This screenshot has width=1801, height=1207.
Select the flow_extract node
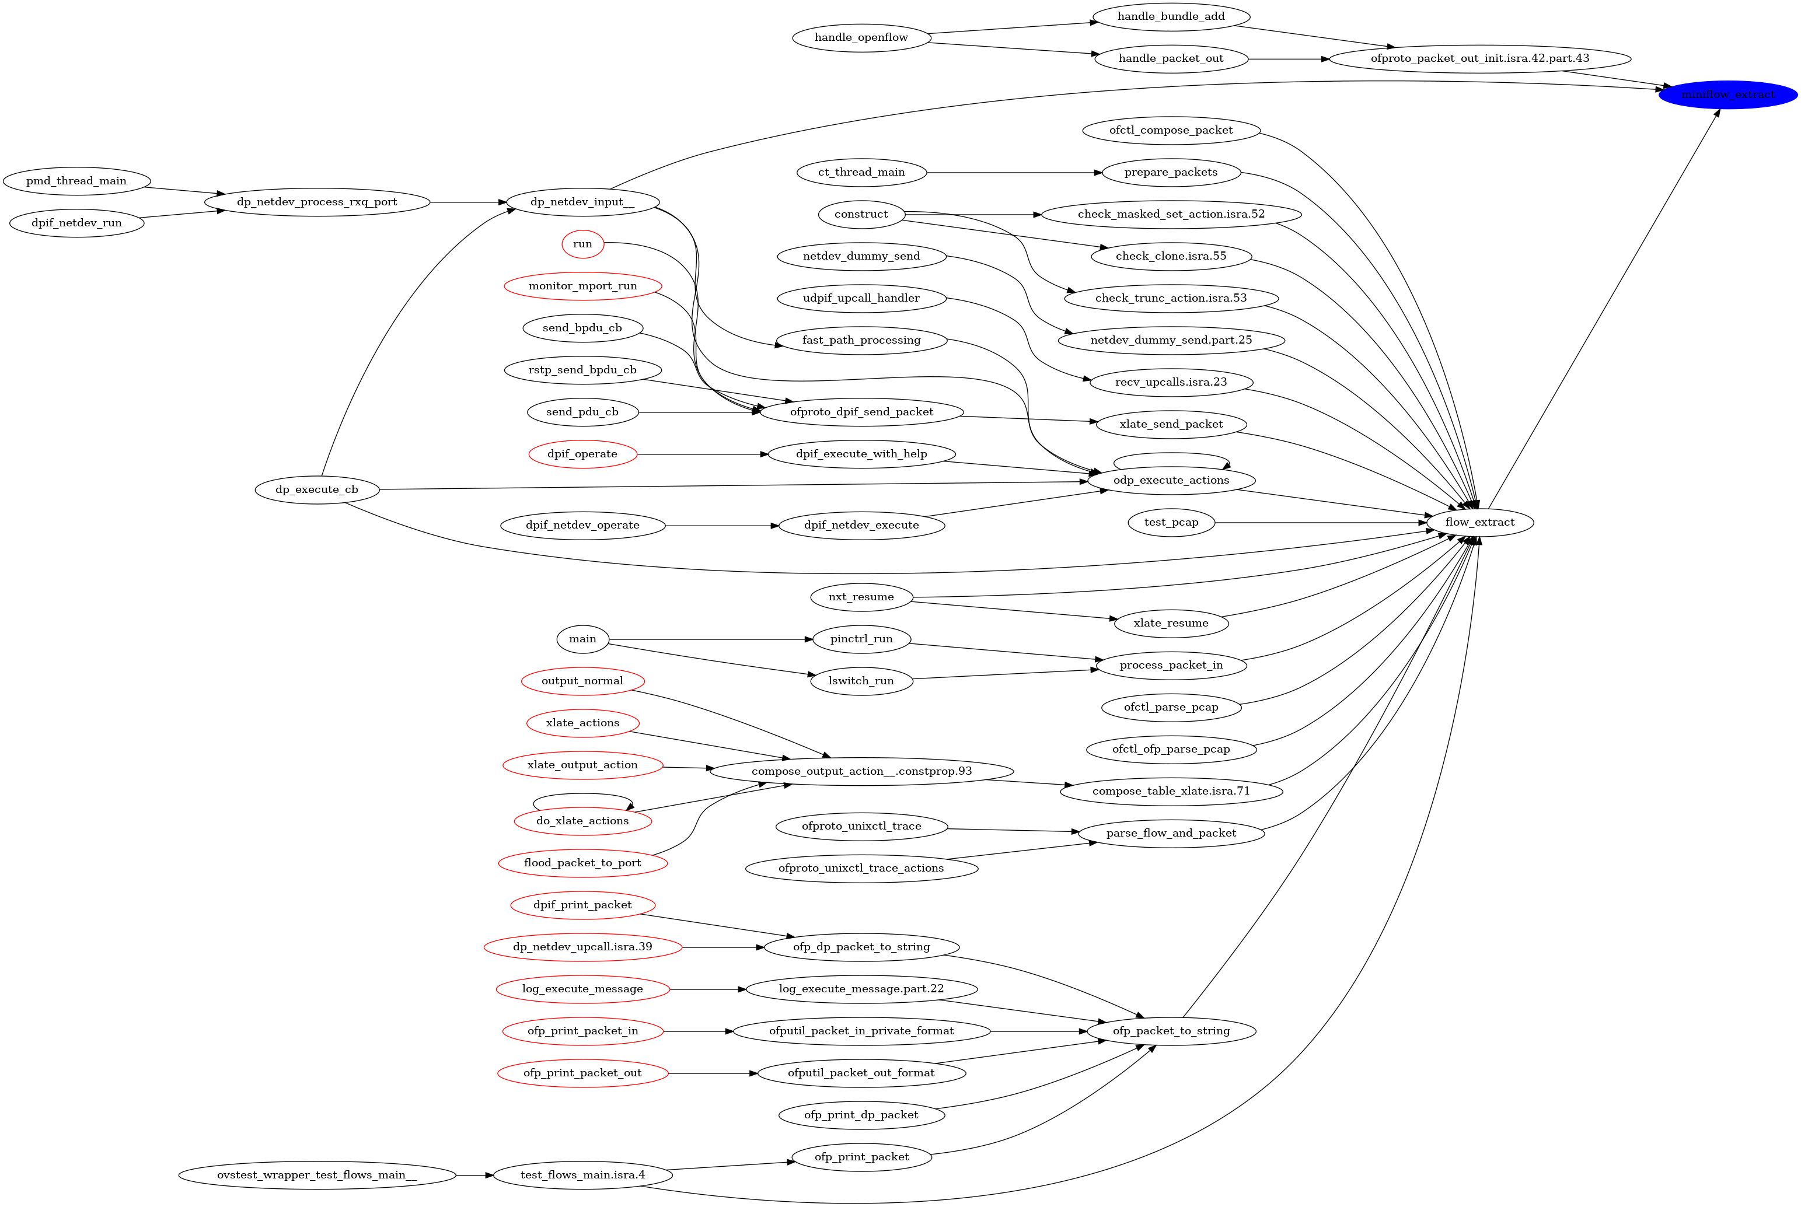(x=1479, y=522)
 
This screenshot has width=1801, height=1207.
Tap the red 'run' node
(x=583, y=244)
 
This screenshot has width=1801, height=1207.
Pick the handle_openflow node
(x=861, y=38)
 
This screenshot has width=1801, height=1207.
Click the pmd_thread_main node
(x=76, y=181)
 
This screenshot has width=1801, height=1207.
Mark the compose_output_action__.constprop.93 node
(x=861, y=771)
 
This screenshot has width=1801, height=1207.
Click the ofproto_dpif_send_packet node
(x=861, y=412)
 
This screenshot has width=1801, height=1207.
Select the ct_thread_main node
(x=861, y=173)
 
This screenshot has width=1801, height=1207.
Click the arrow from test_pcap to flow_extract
(x=1321, y=523)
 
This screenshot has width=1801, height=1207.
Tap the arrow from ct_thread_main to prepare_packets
(x=1014, y=173)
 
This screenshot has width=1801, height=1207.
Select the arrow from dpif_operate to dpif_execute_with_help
(x=702, y=454)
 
